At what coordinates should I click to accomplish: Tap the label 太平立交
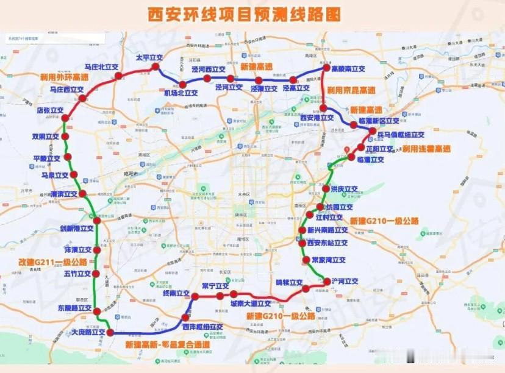tap(149, 57)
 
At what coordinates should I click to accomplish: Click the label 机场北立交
tap(181, 93)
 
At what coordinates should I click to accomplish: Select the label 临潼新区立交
tap(379, 121)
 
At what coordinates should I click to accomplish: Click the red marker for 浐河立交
tap(326, 282)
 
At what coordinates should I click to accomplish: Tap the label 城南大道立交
tap(251, 304)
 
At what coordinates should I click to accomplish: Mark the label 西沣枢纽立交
tap(202, 327)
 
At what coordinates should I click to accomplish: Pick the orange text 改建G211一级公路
tap(53, 262)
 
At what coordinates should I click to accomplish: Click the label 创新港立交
tap(76, 229)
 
